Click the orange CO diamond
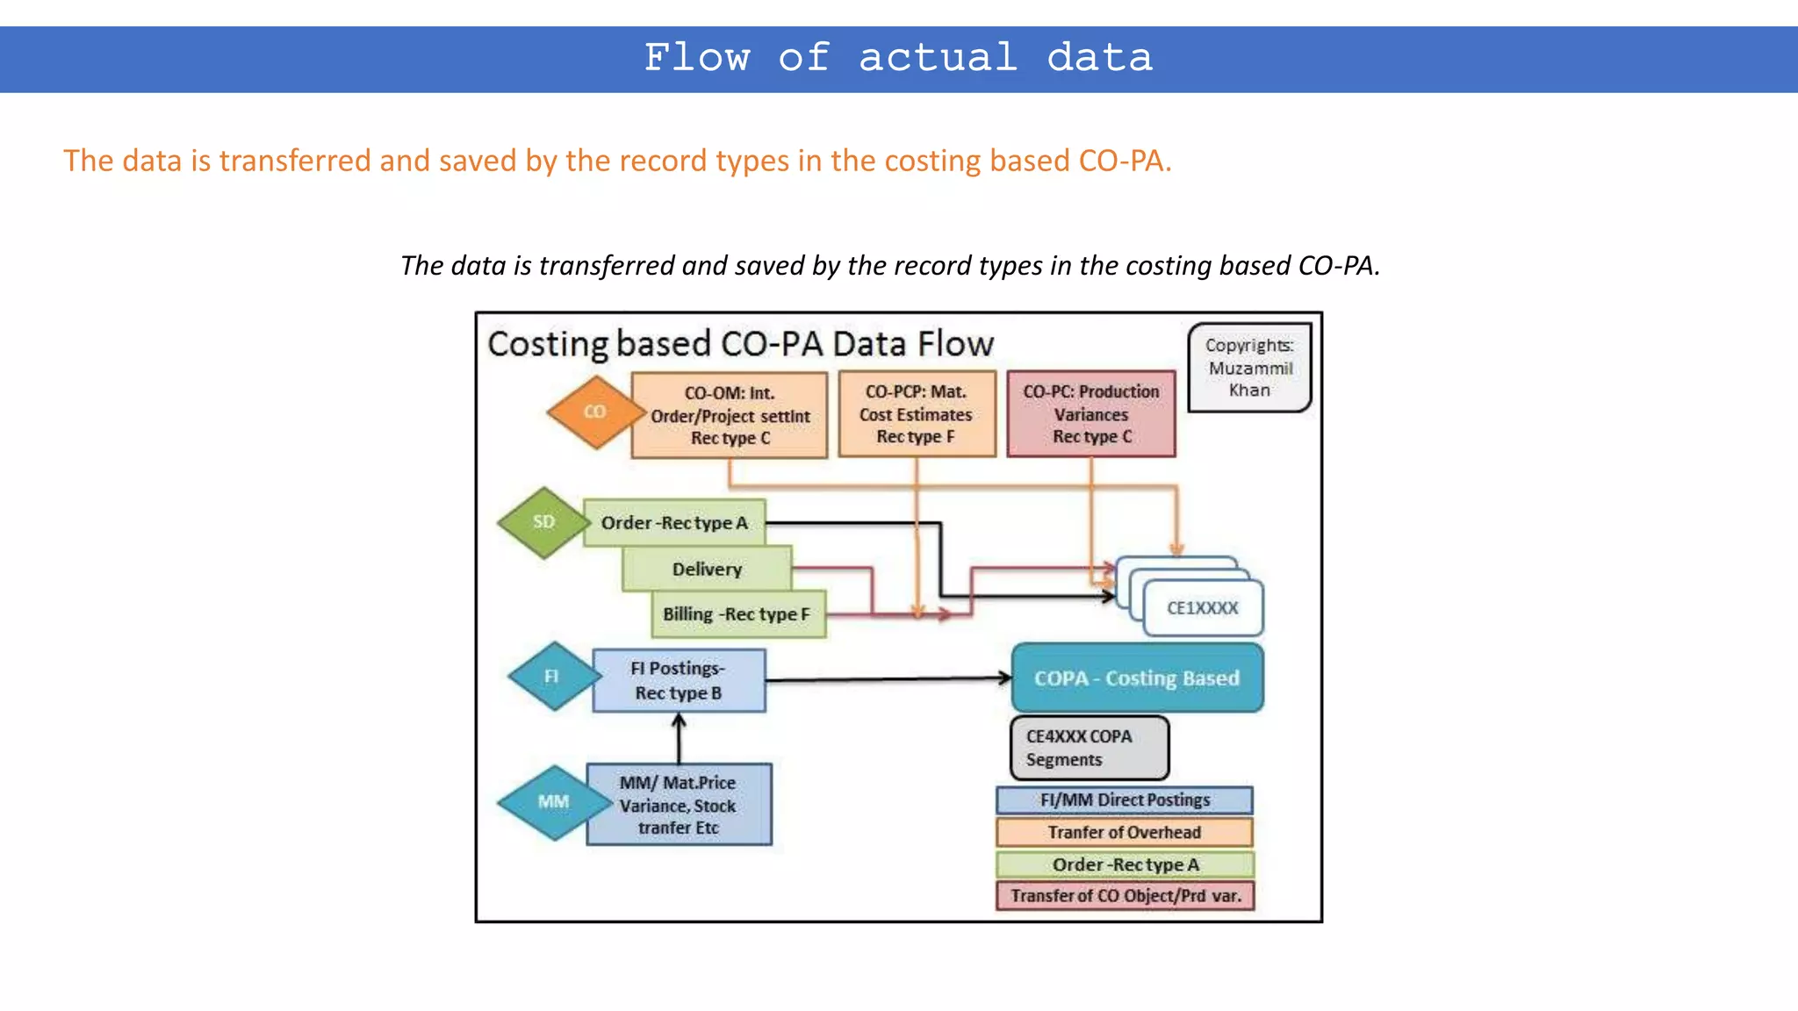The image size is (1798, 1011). pyautogui.click(x=594, y=412)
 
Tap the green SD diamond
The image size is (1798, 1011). pyautogui.click(x=543, y=522)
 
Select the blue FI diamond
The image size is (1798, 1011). pyautogui.click(x=552, y=677)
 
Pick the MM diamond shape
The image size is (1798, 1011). pyautogui.click(x=554, y=802)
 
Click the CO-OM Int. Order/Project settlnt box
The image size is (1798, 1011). pyautogui.click(x=730, y=415)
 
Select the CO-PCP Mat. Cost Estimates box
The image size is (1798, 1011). pyautogui.click(x=917, y=414)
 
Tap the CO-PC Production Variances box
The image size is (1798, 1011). pyautogui.click(x=1091, y=414)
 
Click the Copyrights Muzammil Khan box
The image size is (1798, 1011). pyautogui.click(x=1249, y=368)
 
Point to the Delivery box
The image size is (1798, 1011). pyautogui.click(x=708, y=570)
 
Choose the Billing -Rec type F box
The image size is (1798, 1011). pyautogui.click(x=737, y=614)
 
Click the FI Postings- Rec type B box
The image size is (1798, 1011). pyautogui.click(x=679, y=680)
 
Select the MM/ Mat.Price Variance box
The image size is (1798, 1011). pyautogui.click(x=679, y=805)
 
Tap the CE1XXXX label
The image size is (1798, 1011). pyautogui.click(x=1203, y=608)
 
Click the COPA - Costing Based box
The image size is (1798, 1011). pyautogui.click(x=1137, y=678)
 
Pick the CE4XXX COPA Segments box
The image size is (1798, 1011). pyautogui.click(x=1090, y=749)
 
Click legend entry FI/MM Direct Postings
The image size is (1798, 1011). pyautogui.click(x=1125, y=800)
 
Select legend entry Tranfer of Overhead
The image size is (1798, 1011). pyautogui.click(x=1125, y=832)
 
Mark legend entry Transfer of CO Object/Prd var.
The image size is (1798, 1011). pyautogui.click(x=1125, y=896)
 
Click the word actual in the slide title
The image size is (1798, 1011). pyautogui.click(x=938, y=58)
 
